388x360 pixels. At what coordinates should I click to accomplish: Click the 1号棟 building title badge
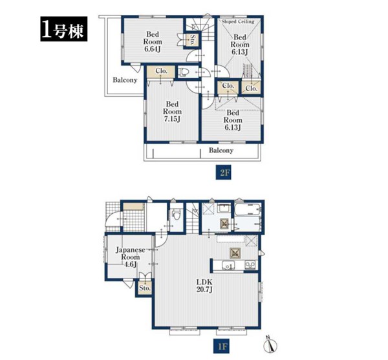tap(64, 29)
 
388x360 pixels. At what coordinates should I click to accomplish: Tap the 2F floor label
tap(223, 172)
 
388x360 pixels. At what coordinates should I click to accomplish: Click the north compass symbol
tap(270, 344)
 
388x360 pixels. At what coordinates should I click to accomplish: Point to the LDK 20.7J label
tap(204, 286)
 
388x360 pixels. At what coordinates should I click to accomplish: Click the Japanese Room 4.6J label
tap(131, 257)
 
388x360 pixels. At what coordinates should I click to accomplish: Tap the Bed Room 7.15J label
tap(172, 112)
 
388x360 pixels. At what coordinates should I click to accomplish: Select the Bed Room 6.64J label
tap(153, 41)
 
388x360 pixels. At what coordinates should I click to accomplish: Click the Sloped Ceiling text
tap(238, 21)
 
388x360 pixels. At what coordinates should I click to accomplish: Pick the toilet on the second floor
tap(184, 72)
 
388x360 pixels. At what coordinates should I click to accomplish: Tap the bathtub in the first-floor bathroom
tap(248, 209)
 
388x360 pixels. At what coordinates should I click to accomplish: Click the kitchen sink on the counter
tap(228, 266)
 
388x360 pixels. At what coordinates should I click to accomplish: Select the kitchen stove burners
tap(250, 265)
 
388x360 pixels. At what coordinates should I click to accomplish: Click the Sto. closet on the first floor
tap(144, 288)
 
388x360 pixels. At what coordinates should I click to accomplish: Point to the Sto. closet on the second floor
tap(192, 39)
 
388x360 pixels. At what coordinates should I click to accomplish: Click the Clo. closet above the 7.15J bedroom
tap(161, 72)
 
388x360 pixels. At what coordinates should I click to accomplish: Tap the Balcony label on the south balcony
tap(221, 151)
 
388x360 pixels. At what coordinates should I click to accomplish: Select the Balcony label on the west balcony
tap(125, 80)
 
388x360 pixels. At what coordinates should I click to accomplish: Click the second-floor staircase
tap(200, 29)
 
